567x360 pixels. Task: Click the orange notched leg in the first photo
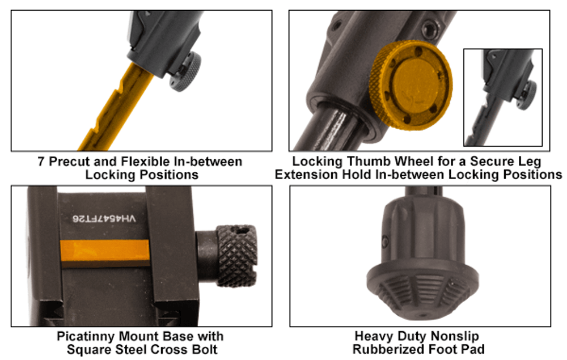click(x=116, y=108)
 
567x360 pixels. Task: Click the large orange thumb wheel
click(x=411, y=85)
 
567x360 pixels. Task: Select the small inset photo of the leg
click(x=503, y=98)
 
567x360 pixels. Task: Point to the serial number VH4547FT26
click(x=104, y=218)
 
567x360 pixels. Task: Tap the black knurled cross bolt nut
click(x=237, y=256)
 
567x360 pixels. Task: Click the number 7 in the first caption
click(x=41, y=162)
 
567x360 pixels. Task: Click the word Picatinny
click(x=86, y=337)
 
